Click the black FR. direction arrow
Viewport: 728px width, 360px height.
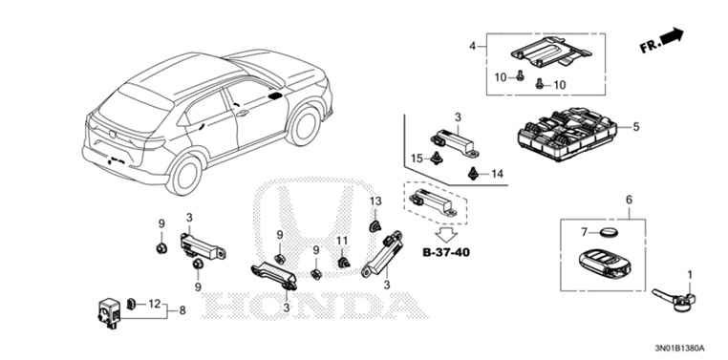coord(672,36)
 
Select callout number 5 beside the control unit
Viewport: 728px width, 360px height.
coord(635,126)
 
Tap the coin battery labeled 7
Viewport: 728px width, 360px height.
coord(607,231)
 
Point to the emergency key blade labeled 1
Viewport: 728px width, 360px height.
coord(674,299)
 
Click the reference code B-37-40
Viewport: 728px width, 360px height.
coord(446,253)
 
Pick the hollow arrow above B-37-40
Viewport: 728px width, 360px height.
coord(446,234)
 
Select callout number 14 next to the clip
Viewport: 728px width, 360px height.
coord(497,174)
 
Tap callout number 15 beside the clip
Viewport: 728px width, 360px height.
coord(417,159)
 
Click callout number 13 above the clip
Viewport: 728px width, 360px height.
coord(375,201)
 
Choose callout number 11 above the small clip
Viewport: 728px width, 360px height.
coord(342,241)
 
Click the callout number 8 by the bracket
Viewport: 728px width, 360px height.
coord(182,310)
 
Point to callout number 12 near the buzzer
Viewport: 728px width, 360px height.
coord(154,304)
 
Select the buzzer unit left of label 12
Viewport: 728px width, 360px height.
coord(109,312)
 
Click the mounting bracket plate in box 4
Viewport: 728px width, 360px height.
coord(551,52)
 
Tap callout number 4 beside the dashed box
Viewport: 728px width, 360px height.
coord(473,46)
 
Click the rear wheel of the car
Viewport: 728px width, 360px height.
coord(184,175)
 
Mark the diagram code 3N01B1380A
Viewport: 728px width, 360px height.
coord(679,348)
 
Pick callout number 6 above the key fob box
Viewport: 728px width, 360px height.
coord(629,200)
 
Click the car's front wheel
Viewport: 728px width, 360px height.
coord(304,125)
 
